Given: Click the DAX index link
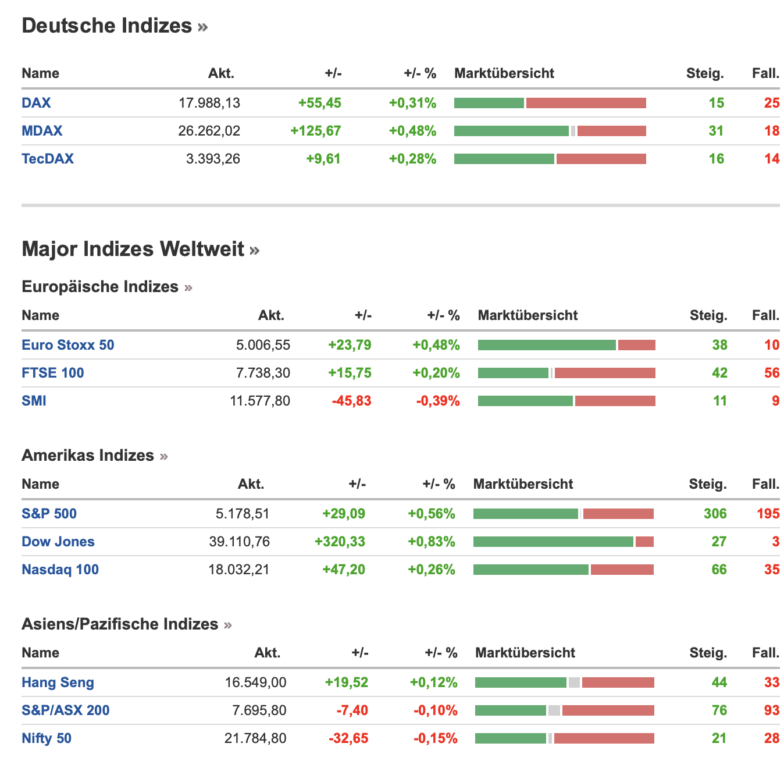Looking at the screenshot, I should tap(36, 103).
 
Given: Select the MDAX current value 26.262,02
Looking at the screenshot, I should tap(209, 131).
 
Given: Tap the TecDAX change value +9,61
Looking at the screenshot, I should tap(323, 159).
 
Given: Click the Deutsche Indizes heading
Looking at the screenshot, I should tap(107, 26).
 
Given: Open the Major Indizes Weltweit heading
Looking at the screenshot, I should tap(133, 249).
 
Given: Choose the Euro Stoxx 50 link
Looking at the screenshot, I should tap(68, 345).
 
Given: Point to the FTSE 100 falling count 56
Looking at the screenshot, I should tap(772, 373).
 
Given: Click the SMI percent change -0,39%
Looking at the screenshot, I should tap(438, 401).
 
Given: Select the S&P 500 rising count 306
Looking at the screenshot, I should tap(715, 514).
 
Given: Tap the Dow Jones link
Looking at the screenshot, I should tap(58, 542).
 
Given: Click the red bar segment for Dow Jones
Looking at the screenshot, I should tap(644, 542).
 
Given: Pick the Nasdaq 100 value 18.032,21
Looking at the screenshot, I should tap(239, 570).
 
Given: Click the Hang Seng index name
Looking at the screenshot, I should tap(58, 682).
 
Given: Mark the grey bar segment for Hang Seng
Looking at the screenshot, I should tap(574, 682).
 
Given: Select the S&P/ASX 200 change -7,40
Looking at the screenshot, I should tap(352, 710).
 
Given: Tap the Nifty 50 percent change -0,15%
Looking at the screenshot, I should tap(436, 738).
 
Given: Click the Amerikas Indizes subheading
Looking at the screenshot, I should tap(88, 455).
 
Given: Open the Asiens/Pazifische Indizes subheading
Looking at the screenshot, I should tap(120, 624).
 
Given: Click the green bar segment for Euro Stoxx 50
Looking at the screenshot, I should tap(547, 345).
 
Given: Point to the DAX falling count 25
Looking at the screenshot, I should tap(772, 103).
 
